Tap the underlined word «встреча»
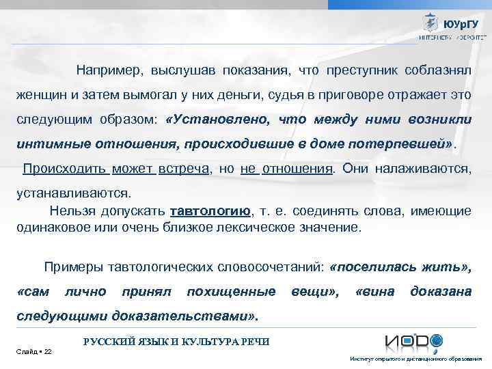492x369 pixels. (183, 169)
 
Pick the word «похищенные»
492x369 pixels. (230, 292)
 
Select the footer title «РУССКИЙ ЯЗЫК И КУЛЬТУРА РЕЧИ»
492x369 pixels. (176, 341)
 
